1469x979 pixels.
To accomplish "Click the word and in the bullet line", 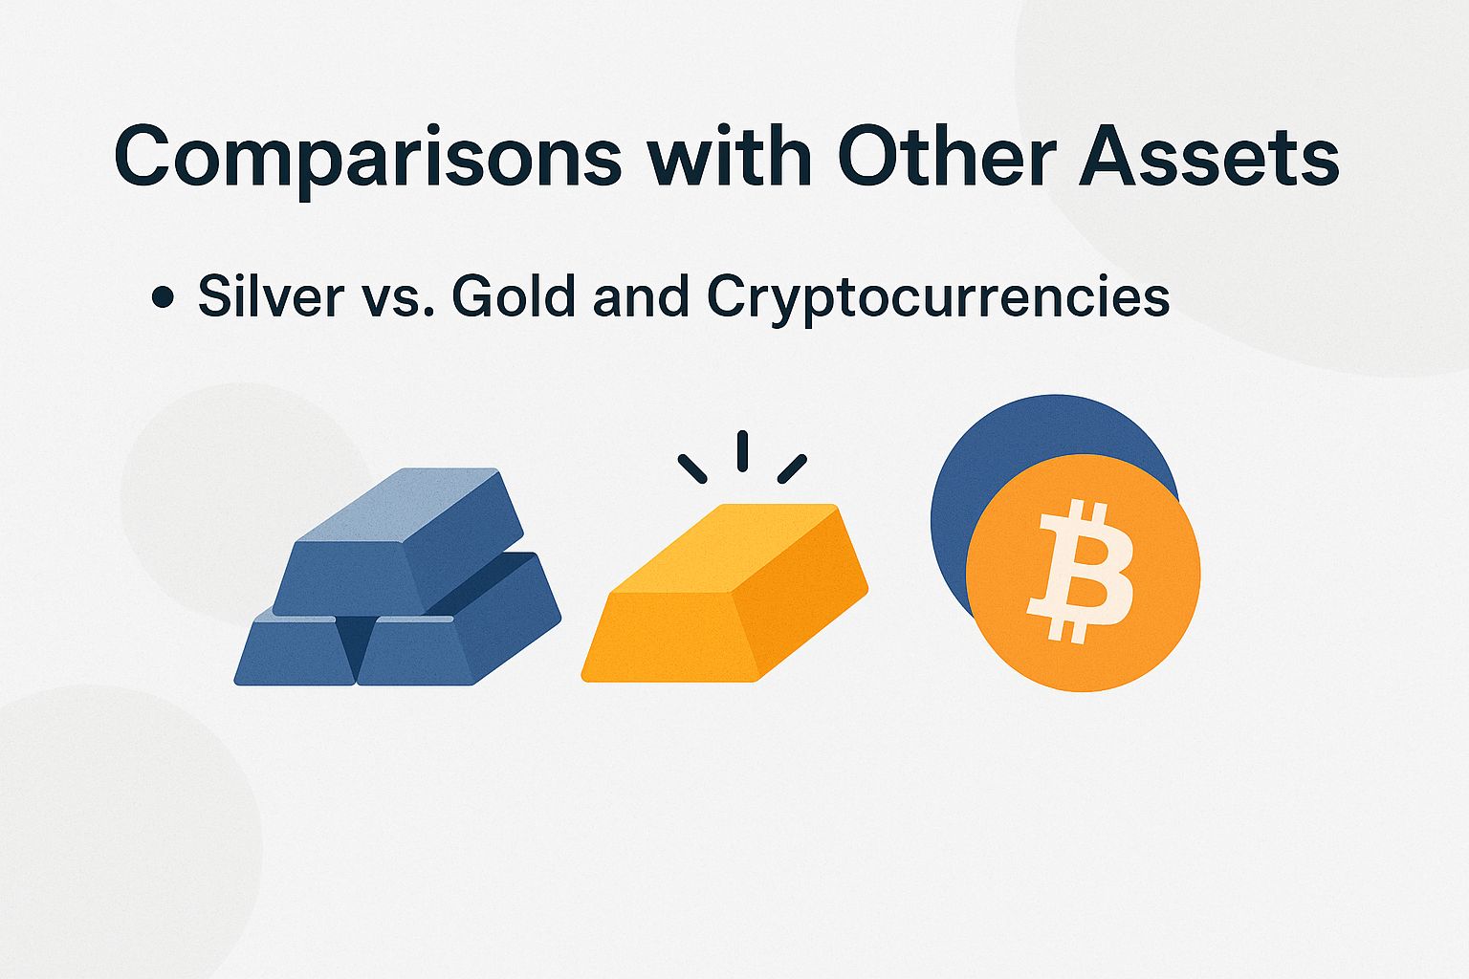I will tap(640, 297).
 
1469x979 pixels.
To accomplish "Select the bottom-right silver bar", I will tap(449, 641).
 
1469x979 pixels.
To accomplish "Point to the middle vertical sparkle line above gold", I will tap(742, 450).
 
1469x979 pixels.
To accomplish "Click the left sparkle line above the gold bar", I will tap(692, 468).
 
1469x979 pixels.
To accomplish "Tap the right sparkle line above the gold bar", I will tap(792, 468).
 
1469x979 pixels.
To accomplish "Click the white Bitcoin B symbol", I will tap(1081, 571).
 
